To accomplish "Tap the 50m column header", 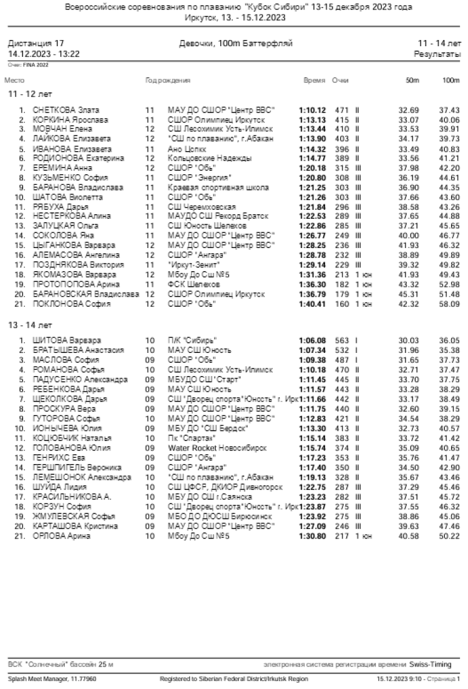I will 412,81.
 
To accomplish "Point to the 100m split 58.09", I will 450,304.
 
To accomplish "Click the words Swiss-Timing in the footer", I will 431,663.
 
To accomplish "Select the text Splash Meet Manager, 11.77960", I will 52,678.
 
